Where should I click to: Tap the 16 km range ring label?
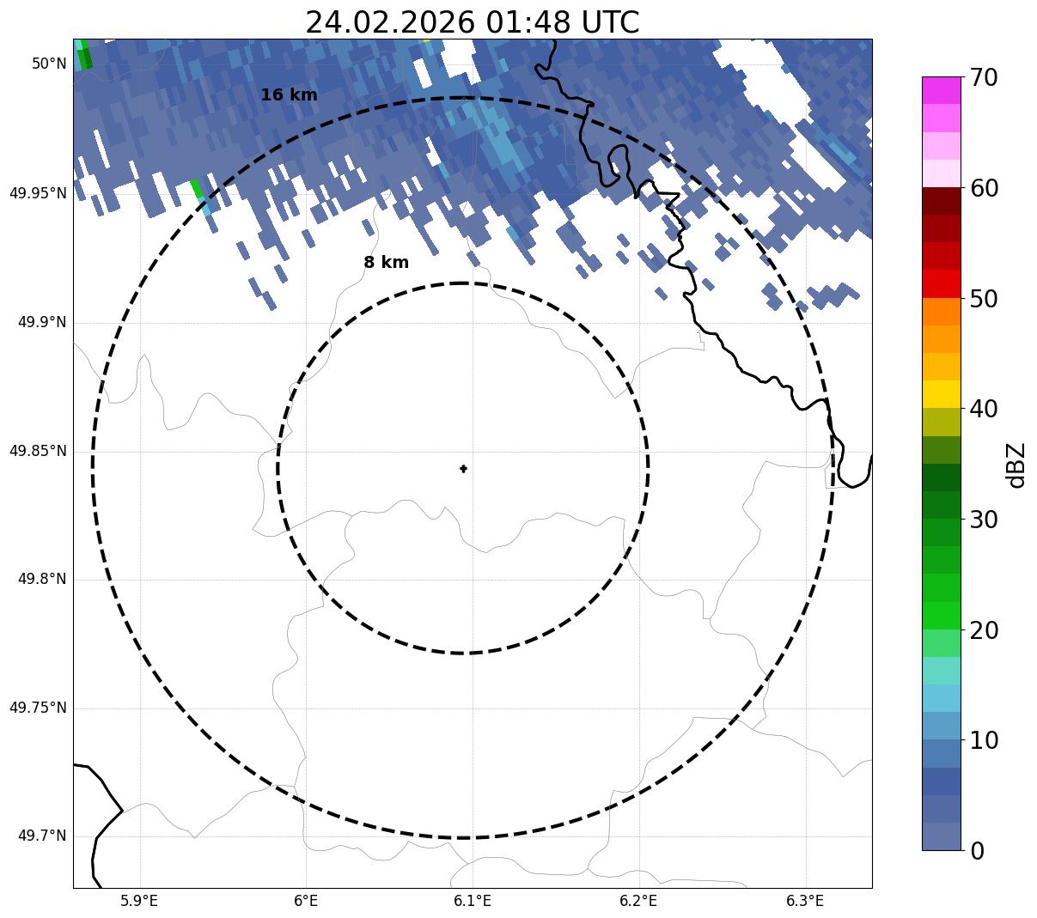click(289, 95)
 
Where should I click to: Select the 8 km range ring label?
click(386, 263)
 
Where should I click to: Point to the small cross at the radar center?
click(464, 469)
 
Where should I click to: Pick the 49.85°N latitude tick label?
click(38, 451)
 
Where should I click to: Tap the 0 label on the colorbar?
click(977, 851)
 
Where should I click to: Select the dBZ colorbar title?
click(1017, 465)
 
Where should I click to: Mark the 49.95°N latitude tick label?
click(38, 193)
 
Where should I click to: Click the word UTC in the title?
click(610, 22)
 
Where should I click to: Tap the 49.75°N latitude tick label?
click(38, 708)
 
